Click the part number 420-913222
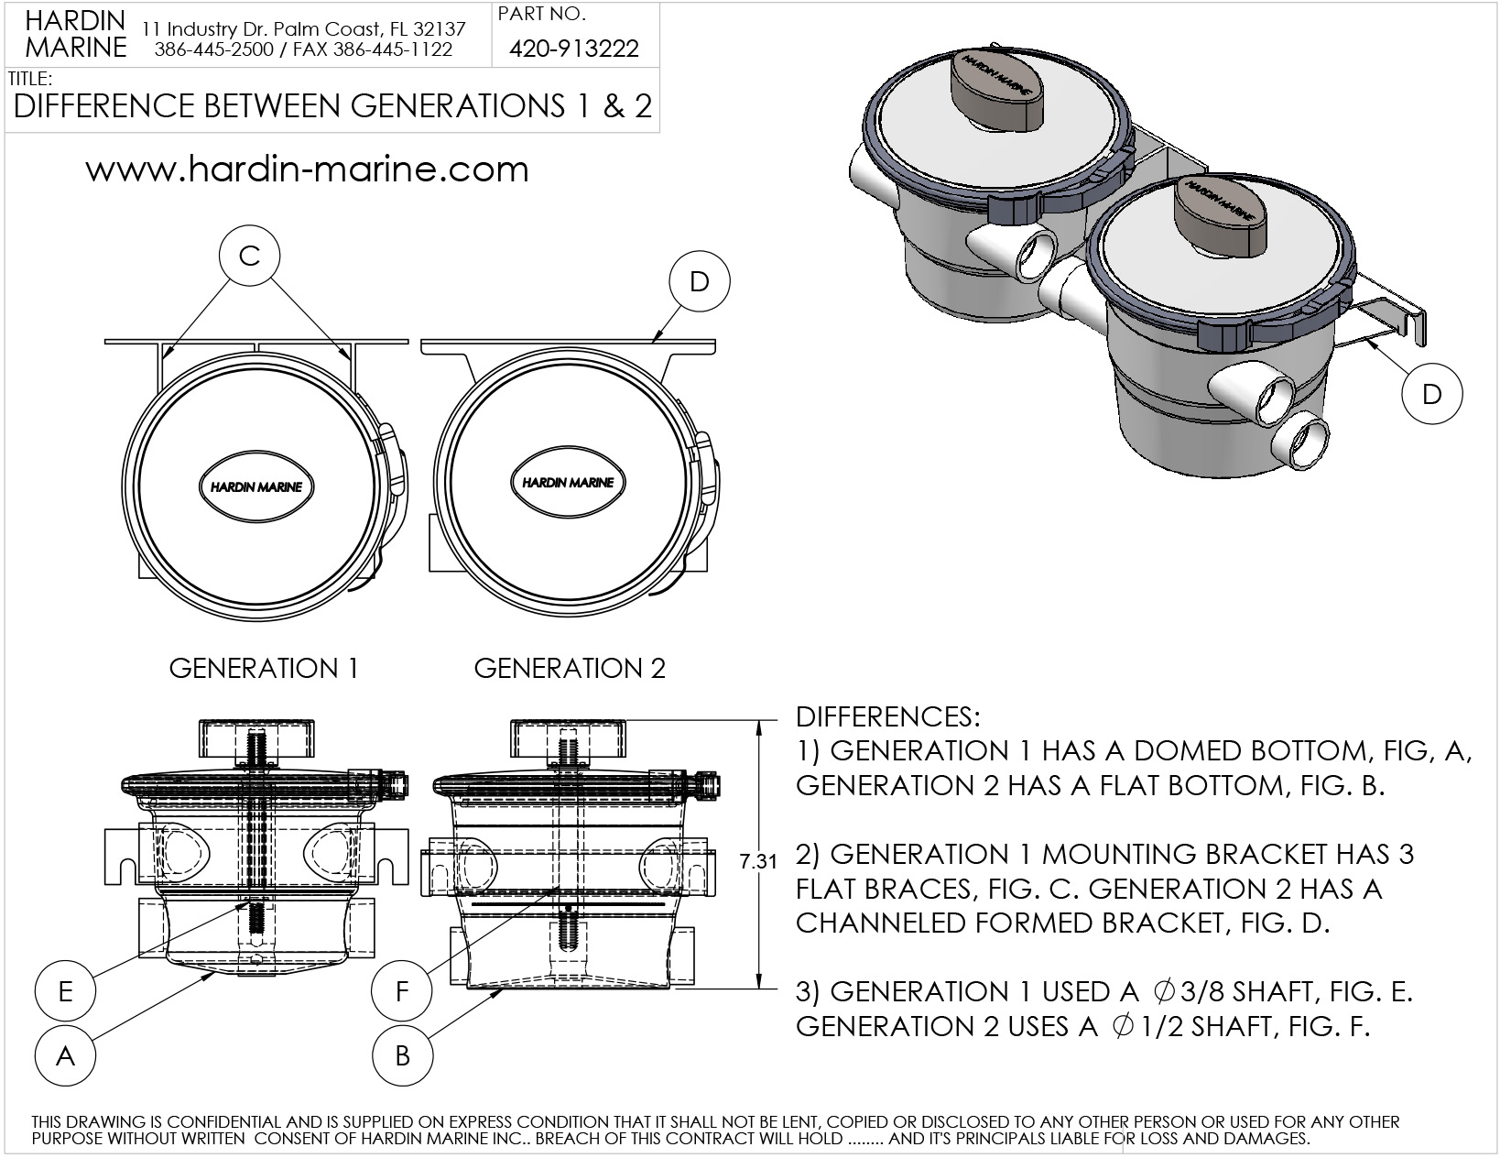click(574, 49)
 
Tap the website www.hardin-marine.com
click(308, 169)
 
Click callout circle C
click(250, 256)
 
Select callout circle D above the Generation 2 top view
click(700, 282)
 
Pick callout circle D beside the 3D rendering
click(1431, 394)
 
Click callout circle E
click(65, 991)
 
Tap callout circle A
click(65, 1056)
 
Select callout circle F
click(402, 991)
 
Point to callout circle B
click(402, 1056)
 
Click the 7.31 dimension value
click(757, 861)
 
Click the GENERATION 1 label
click(264, 669)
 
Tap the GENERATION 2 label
click(570, 669)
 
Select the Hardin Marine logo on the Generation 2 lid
click(568, 482)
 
